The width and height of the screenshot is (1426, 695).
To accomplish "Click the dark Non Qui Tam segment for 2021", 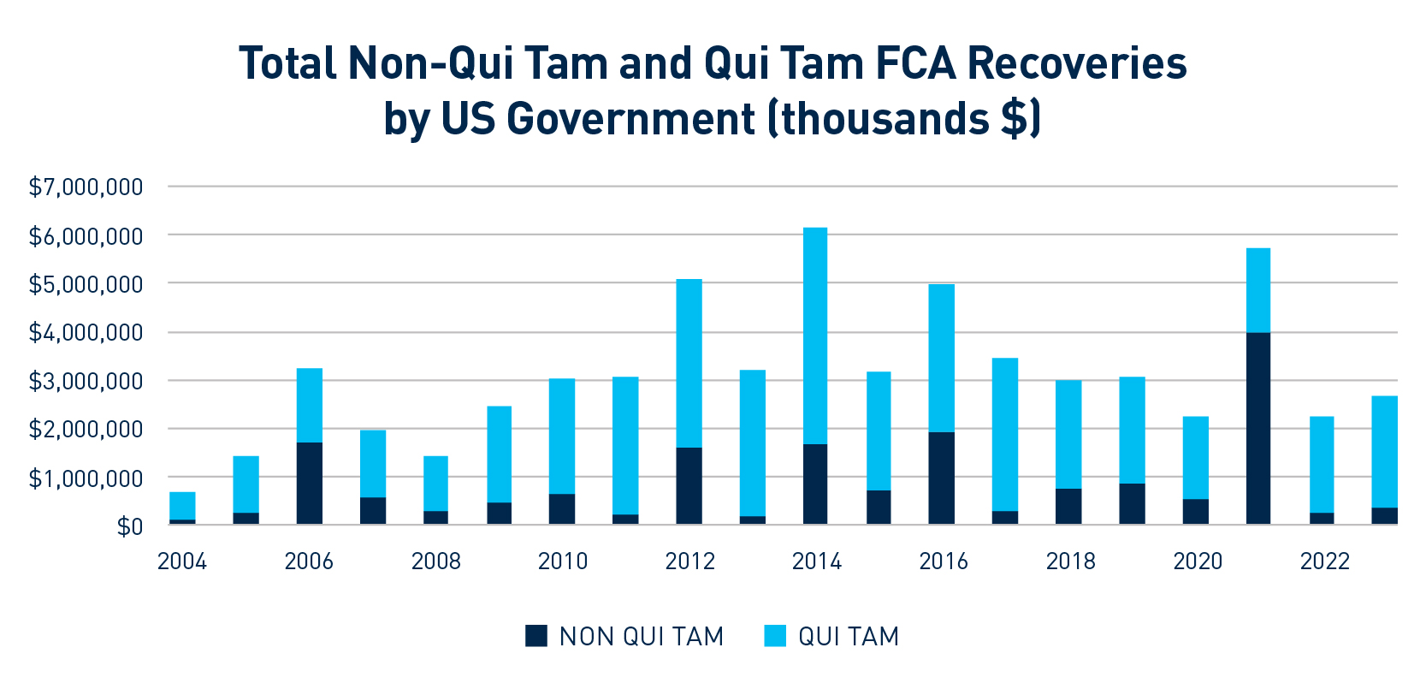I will click(1257, 428).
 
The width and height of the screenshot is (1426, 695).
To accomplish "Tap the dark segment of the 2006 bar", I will click(309, 483).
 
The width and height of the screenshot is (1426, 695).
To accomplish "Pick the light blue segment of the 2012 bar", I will click(689, 363).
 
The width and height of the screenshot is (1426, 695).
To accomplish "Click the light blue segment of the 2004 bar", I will click(182, 505).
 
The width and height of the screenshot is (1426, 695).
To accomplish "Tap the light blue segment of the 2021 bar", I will click(1257, 289).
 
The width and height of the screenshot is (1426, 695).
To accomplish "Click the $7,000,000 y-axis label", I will click(86, 187).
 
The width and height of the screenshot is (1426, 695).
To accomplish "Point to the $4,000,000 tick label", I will click(86, 332).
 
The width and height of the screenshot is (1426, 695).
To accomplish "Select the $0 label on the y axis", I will click(129, 526).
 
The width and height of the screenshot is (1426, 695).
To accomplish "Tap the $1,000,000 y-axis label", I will click(86, 478).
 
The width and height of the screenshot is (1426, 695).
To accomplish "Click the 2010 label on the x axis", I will click(562, 561).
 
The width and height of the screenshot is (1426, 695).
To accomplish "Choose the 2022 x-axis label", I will click(1324, 561).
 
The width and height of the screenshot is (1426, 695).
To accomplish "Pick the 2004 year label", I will click(182, 561).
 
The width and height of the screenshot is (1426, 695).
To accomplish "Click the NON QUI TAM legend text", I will click(642, 637).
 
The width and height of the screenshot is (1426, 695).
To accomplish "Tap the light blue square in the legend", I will click(775, 636).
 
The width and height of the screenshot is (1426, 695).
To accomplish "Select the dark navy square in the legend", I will click(536, 636).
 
